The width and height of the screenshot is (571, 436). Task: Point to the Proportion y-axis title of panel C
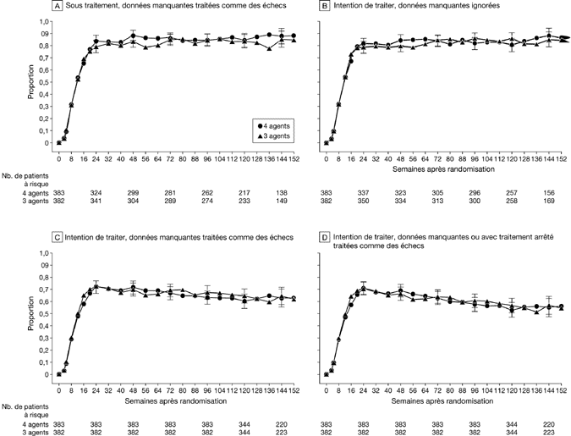(32, 314)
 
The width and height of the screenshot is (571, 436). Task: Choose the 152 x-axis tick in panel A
(293, 153)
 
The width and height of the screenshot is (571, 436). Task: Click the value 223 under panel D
(551, 431)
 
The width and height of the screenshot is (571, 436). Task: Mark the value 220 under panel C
(282, 422)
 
